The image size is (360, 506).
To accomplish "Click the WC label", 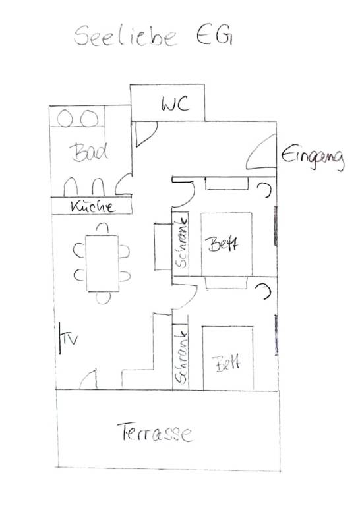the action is click(x=175, y=103).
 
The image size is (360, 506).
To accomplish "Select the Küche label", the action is click(x=93, y=206).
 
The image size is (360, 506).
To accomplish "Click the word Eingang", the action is click(x=313, y=157).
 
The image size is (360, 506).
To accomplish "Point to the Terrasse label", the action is click(x=156, y=432).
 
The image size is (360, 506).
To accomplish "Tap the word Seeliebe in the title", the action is click(x=125, y=36).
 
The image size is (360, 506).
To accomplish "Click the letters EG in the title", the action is click(x=214, y=35).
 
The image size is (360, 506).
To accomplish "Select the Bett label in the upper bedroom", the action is click(x=223, y=244).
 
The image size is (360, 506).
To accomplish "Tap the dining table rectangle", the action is click(x=102, y=263).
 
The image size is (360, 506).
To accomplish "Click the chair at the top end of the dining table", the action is click(x=102, y=227).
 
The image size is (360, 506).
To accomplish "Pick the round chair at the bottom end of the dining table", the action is click(x=104, y=298).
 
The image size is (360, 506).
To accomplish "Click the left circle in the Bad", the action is click(x=65, y=118).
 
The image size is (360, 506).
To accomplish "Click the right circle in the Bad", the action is click(x=89, y=118).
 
